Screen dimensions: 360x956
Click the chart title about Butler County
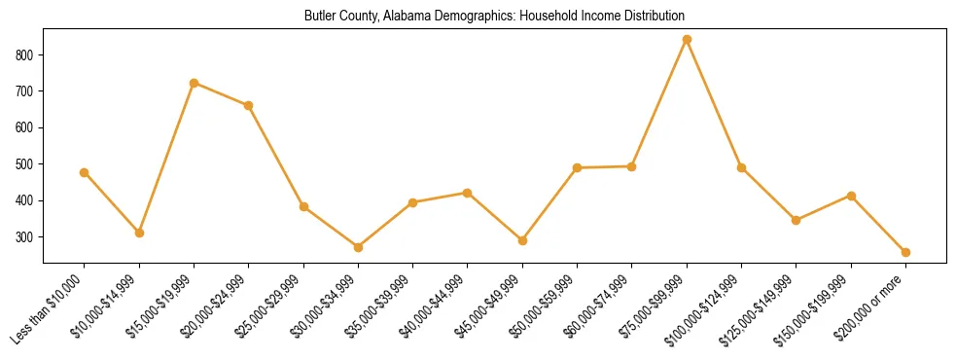click(494, 17)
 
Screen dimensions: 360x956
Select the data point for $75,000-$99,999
click(687, 40)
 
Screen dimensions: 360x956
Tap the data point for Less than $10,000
click(85, 172)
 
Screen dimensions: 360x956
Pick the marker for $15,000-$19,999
click(194, 83)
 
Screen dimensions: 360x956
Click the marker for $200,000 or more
click(905, 252)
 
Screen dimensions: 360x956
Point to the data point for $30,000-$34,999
click(358, 247)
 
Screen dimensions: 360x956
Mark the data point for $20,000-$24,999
click(249, 105)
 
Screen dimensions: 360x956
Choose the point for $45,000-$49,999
click(522, 240)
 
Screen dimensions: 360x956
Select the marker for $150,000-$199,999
click(851, 196)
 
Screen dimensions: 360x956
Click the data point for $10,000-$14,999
click(139, 233)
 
